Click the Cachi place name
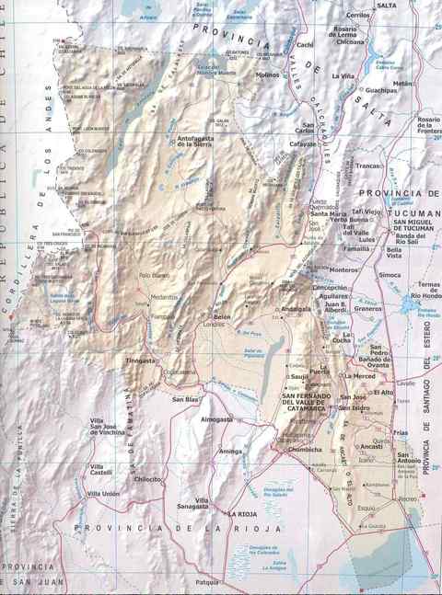tap(306, 44)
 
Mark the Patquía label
tap(208, 582)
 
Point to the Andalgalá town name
tap(297, 310)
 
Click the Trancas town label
tap(368, 166)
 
